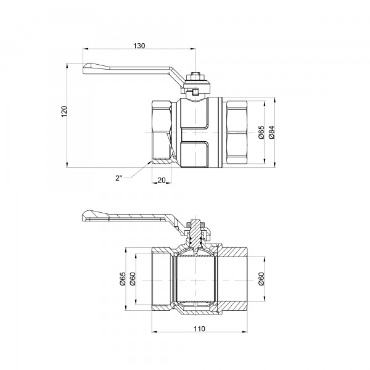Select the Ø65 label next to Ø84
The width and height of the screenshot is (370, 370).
[261, 132]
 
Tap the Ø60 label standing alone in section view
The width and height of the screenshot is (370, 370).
[261, 280]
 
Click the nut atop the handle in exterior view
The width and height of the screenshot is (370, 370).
[196, 76]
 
